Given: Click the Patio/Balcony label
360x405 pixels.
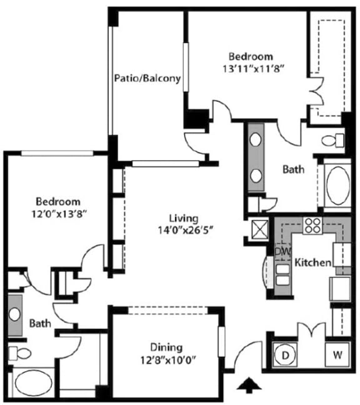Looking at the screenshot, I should click(x=147, y=79).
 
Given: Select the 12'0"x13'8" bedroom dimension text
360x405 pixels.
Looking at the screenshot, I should click(x=58, y=213).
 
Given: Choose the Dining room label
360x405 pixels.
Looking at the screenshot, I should click(x=166, y=347).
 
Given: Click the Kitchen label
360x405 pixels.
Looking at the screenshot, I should click(x=312, y=262).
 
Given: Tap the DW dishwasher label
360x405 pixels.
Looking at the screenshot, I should click(x=282, y=251).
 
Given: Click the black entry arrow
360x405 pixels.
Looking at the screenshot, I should click(x=249, y=387).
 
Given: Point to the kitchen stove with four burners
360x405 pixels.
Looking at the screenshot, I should click(x=312, y=226).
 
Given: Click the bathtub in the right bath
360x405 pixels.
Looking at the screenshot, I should click(x=337, y=184).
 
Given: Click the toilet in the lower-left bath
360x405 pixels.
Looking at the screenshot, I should click(x=21, y=354).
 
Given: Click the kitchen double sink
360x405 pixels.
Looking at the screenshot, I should click(x=282, y=275).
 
